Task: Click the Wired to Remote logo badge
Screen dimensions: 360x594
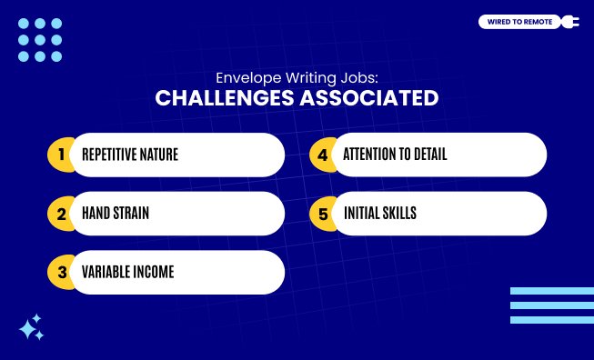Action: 517,22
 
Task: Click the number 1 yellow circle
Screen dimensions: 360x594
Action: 61,155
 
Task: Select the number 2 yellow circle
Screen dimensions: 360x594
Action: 61,214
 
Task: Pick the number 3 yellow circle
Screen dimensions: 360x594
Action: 61,272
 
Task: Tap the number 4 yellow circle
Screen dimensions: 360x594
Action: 322,155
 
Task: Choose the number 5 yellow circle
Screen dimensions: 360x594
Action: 322,214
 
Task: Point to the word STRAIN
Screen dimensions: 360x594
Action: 130,214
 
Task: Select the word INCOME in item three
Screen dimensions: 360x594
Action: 151,272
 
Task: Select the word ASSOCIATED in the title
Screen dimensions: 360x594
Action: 370,97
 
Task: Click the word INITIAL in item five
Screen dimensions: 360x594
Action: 360,214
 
